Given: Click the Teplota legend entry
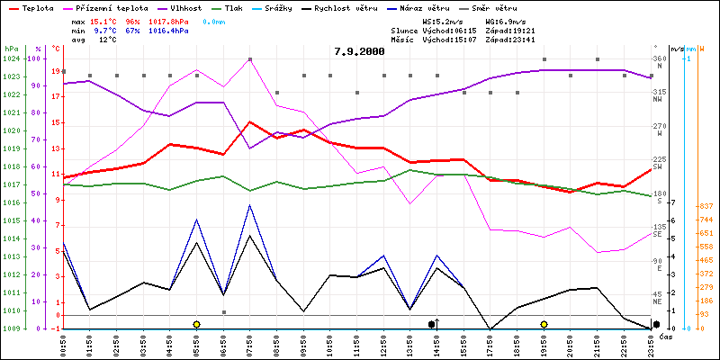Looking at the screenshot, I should coord(37,7).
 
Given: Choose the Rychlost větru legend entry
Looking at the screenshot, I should coord(382,7).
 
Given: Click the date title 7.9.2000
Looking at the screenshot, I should coord(359,51).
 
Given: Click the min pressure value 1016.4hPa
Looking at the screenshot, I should coord(171,30).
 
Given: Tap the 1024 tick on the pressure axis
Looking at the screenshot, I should coord(11,58).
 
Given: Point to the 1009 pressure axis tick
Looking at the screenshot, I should coord(11,328).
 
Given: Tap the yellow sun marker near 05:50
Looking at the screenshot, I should coord(196,323).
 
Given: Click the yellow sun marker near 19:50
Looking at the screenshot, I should coord(544,323).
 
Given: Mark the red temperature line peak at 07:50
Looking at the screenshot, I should coord(249,121).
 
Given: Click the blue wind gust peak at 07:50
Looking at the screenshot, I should coord(249,205).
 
